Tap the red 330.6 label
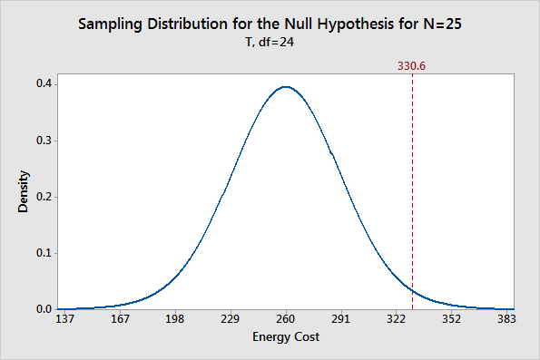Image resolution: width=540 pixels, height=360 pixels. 412,65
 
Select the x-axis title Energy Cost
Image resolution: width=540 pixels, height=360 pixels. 286,337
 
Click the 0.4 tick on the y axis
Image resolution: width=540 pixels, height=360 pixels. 43,84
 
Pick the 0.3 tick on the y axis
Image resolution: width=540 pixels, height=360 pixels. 43,141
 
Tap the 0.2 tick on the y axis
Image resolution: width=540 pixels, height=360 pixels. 43,197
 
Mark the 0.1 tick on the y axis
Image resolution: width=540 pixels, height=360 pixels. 43,253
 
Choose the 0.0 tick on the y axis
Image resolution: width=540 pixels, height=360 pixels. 43,309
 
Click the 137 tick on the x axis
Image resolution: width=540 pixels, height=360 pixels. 65,320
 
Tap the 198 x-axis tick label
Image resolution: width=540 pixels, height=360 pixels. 175,320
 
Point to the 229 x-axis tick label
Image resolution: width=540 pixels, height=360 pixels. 231,320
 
